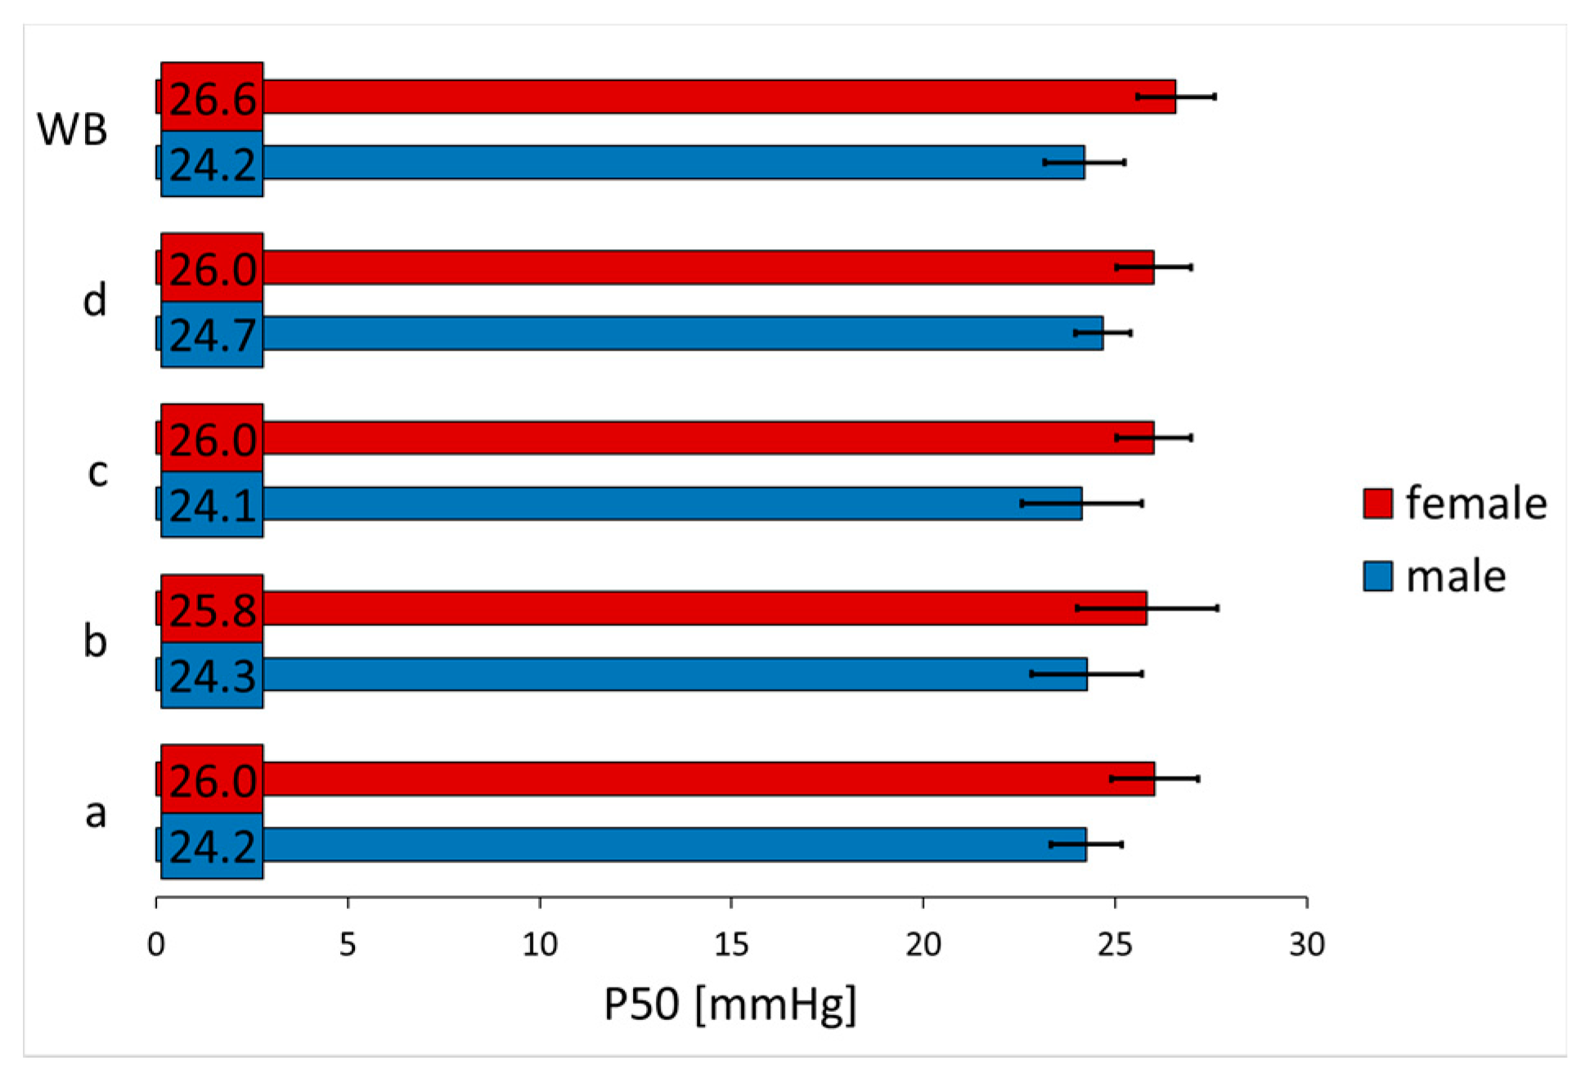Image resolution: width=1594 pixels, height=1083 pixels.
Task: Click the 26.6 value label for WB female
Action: [212, 100]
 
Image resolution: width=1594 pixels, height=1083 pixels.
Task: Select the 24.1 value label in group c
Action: [212, 506]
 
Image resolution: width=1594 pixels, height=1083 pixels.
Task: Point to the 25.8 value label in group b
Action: [212, 611]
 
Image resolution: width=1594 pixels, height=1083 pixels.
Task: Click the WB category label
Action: [72, 129]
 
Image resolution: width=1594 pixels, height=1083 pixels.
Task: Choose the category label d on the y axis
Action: [95, 300]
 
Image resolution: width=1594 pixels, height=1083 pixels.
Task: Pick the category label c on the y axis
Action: [97, 472]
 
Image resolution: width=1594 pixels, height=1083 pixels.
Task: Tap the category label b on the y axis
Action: [95, 641]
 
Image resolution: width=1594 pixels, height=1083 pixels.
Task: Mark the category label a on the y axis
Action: [96, 812]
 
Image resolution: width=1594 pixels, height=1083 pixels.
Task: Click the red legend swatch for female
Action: [1377, 503]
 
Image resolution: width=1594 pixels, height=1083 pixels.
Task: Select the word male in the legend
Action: [1456, 576]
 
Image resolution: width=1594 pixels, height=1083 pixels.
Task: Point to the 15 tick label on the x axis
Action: [731, 945]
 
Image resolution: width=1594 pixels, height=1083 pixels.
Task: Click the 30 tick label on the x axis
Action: [1306, 945]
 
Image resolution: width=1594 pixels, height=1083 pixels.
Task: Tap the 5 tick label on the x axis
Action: [348, 945]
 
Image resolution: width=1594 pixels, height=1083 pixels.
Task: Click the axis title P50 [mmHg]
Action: [730, 1003]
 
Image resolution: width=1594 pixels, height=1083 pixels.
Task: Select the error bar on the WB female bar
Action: [1175, 96]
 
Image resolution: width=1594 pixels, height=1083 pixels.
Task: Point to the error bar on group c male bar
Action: [1081, 503]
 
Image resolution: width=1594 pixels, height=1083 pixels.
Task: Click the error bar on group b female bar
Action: [1147, 608]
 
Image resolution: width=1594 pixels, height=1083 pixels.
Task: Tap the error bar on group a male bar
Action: [1086, 844]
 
